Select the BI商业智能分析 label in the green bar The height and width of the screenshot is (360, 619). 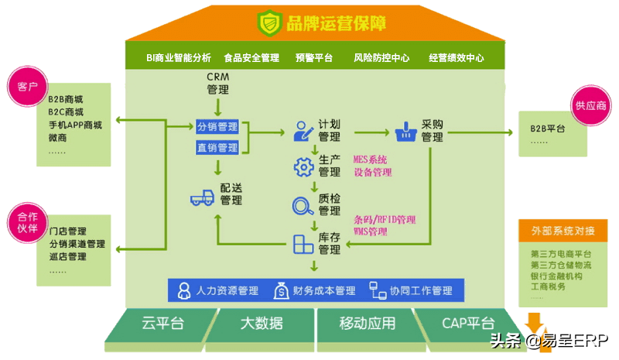[x=179, y=57]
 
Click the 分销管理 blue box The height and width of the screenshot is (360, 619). [x=217, y=127]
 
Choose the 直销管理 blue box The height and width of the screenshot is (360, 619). [x=217, y=147]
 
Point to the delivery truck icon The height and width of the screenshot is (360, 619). [x=202, y=197]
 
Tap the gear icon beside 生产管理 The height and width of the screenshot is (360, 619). [x=302, y=166]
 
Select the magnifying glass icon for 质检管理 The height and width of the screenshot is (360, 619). [x=302, y=205]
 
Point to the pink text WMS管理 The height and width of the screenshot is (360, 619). [x=371, y=231]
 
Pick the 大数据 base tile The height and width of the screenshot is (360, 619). [x=261, y=323]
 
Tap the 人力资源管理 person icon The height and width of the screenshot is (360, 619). [x=184, y=291]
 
